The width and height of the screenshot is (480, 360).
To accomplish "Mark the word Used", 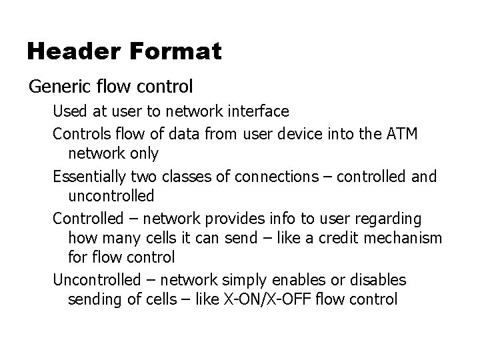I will click(x=67, y=111).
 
